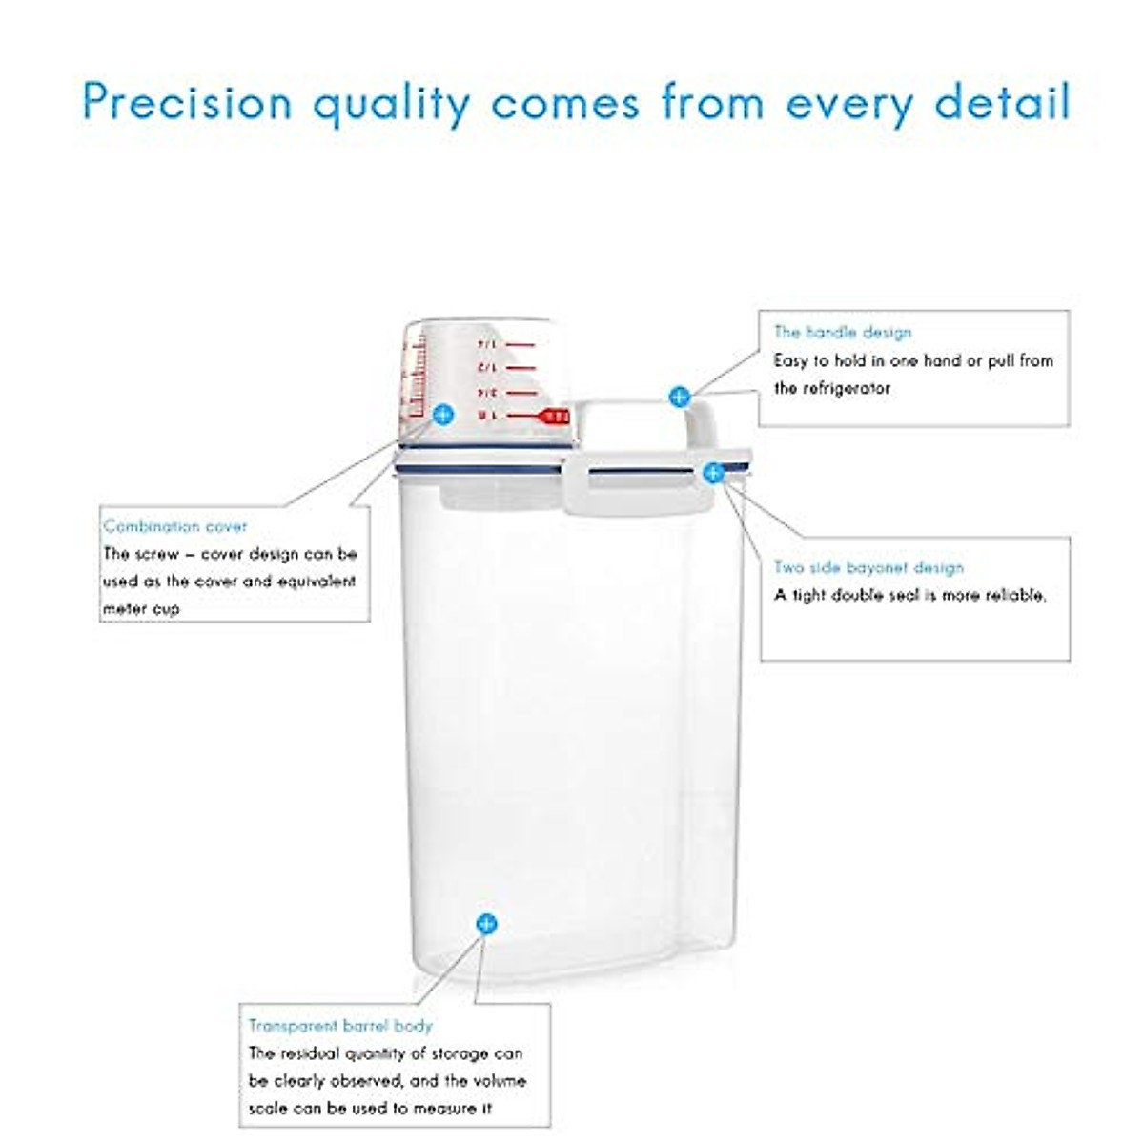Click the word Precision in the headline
pyautogui.click(x=187, y=102)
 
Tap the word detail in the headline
pyautogui.click(x=1003, y=102)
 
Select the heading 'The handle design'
pyautogui.click(x=843, y=332)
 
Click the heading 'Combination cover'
pyautogui.click(x=175, y=526)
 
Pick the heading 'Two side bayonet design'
pyautogui.click(x=868, y=567)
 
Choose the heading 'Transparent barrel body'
pyautogui.click(x=340, y=1026)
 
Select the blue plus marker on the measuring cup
pyautogui.click(x=443, y=415)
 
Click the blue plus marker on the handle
pyautogui.click(x=679, y=397)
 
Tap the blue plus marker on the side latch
pyautogui.click(x=713, y=473)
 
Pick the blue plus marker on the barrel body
pyautogui.click(x=486, y=923)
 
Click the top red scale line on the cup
pyautogui.click(x=520, y=343)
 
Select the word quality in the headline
pyautogui.click(x=392, y=102)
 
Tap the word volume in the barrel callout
pyautogui.click(x=496, y=1081)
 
